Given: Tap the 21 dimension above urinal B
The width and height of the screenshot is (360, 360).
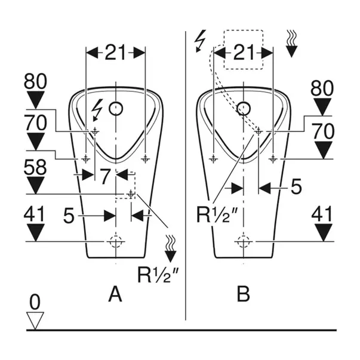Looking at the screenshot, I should (242, 53).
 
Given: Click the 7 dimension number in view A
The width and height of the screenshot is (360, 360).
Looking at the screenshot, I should (104, 176).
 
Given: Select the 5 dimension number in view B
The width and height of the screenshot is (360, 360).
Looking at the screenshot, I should (296, 187).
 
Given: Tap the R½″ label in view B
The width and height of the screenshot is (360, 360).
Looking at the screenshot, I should (219, 214).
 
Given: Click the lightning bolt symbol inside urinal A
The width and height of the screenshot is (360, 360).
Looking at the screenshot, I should (96, 109).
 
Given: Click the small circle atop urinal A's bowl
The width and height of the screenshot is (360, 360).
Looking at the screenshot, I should (117, 109).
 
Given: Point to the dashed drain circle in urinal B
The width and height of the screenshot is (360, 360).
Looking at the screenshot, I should (243, 241).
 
